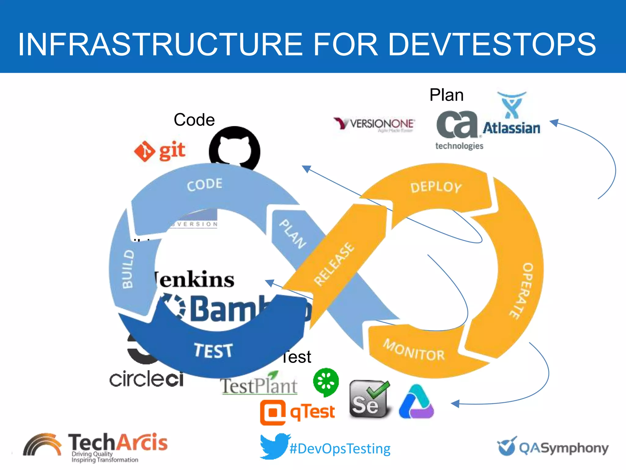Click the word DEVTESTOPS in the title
point(492,45)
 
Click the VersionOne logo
point(374,124)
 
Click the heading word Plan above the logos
point(446,95)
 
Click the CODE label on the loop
point(204,185)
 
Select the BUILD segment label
point(128,269)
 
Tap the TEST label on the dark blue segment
point(213,350)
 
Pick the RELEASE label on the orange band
point(334,264)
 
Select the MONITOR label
point(414,350)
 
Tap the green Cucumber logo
point(326,382)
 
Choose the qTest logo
point(297,412)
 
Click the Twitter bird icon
point(274,446)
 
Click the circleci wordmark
point(146,379)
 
